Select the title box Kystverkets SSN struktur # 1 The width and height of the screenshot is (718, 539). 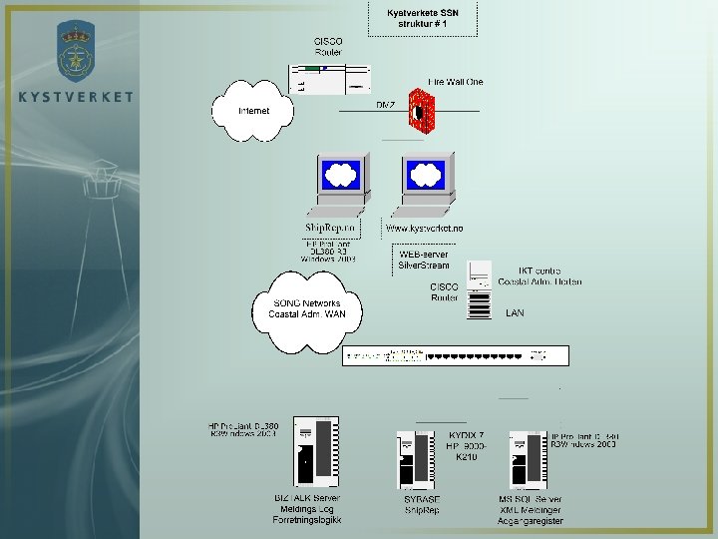pyautogui.click(x=423, y=18)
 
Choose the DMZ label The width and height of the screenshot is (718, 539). pyautogui.click(x=385, y=104)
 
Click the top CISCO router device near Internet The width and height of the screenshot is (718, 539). pyautogui.click(x=329, y=80)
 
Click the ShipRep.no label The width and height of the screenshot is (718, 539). pyautogui.click(x=330, y=229)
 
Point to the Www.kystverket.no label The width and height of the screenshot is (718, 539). pyautogui.click(x=425, y=229)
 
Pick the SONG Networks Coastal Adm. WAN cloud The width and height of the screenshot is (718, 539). pyautogui.click(x=305, y=309)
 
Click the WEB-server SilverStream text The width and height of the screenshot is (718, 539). pyautogui.click(x=424, y=260)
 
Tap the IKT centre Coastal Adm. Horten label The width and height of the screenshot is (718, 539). pyautogui.click(x=539, y=275)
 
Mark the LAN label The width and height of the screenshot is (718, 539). pyautogui.click(x=515, y=312)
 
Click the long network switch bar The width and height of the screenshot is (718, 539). pyautogui.click(x=455, y=355)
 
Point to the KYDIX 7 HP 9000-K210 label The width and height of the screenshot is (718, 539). pyautogui.click(x=466, y=446)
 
